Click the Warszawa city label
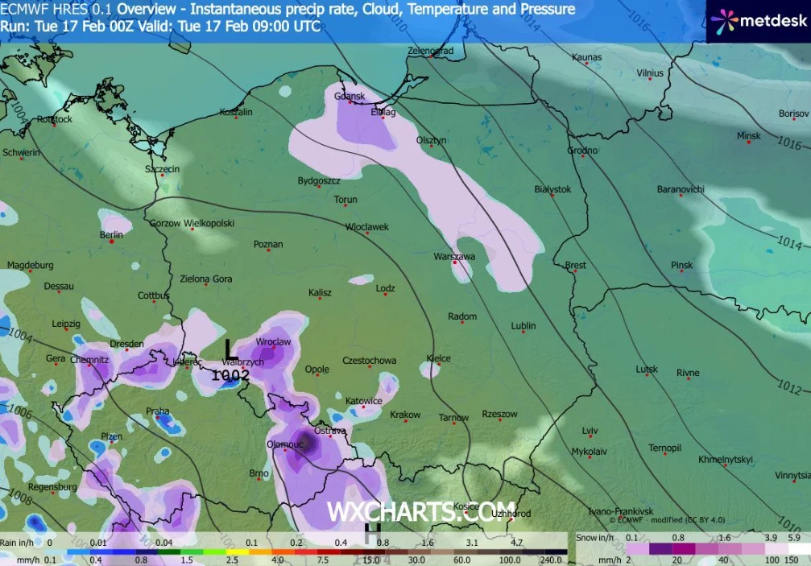454,256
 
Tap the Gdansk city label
350,97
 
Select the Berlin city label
111,235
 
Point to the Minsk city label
748,136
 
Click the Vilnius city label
650,73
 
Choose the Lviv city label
590,431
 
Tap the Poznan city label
268,244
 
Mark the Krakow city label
405,415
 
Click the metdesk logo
758,19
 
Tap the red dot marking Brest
576,272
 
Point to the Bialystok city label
552,189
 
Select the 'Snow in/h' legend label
595,537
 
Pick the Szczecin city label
162,169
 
